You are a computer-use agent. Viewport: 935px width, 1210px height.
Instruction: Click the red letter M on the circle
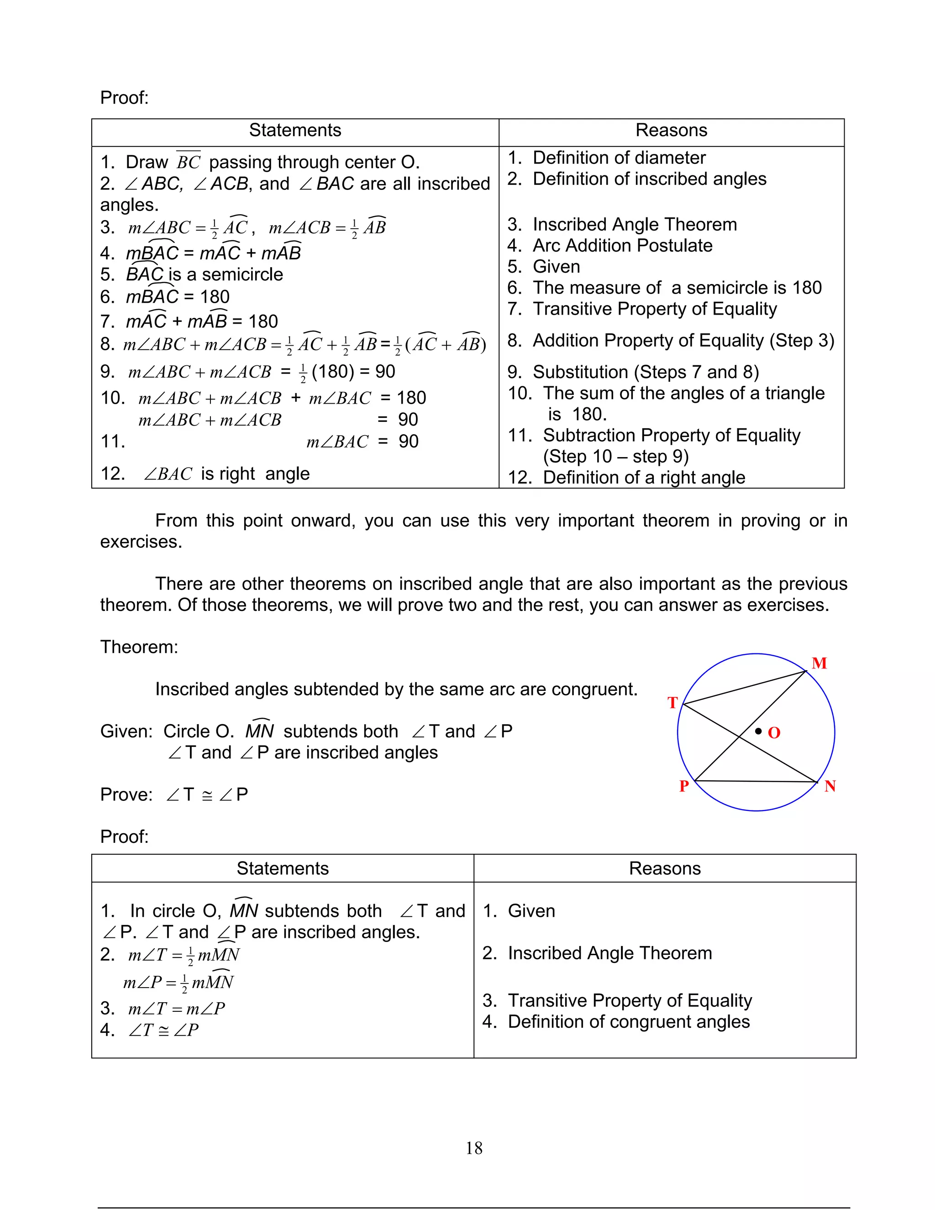coord(819,663)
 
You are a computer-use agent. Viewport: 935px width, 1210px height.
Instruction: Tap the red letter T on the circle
coord(672,703)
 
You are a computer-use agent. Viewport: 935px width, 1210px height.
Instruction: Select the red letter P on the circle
coord(684,786)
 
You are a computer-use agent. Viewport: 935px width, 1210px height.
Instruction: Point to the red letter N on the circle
coord(829,786)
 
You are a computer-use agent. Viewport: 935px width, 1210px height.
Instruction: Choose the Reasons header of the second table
coord(664,868)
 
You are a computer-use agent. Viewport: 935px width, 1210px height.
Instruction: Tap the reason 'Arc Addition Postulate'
coord(622,246)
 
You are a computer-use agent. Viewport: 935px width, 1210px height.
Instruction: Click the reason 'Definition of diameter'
coord(619,158)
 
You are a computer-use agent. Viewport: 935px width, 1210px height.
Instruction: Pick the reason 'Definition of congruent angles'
coord(628,1021)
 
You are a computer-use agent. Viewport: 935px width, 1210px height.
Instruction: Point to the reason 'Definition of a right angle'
coord(644,477)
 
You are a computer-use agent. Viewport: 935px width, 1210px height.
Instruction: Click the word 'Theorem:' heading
coord(139,647)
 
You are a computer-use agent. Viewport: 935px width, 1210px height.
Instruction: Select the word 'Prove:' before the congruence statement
coord(126,794)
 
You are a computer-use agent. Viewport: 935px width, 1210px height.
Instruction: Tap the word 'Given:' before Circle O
coord(126,731)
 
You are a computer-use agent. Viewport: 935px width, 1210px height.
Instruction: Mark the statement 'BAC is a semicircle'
coord(205,274)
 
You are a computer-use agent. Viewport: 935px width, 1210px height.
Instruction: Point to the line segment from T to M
coord(745,688)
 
